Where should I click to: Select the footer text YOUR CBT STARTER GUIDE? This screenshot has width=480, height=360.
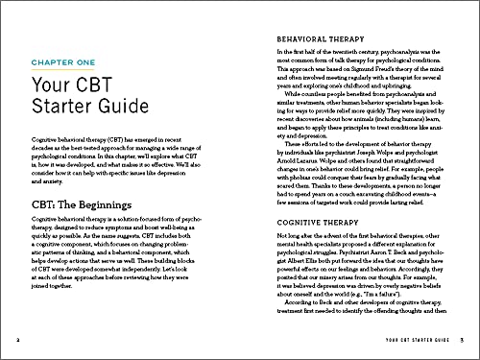[402, 341]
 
